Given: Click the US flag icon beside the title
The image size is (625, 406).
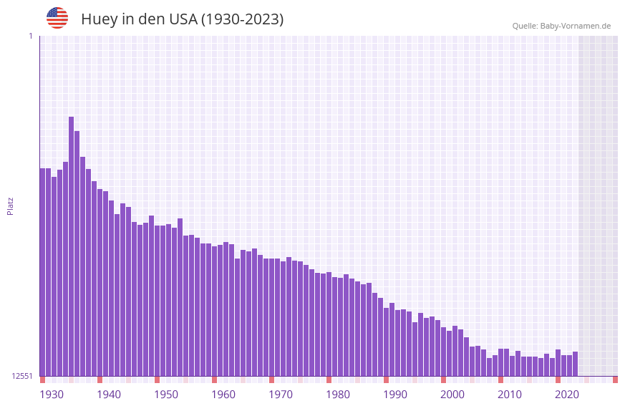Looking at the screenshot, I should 57,18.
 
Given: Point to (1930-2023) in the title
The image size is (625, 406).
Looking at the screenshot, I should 242,19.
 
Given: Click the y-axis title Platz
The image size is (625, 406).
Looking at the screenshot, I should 10,206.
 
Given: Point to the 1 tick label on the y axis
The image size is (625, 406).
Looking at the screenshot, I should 30,36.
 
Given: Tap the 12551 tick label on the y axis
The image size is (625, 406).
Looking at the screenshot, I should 22,376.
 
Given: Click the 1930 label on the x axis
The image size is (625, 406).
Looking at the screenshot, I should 52,395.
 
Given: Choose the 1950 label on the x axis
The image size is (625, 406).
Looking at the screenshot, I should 166,395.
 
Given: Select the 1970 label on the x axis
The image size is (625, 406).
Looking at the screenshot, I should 281,395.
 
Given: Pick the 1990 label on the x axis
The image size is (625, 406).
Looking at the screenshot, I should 395,395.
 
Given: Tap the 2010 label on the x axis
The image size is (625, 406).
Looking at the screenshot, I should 510,395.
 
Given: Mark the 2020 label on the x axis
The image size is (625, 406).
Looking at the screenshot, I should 567,395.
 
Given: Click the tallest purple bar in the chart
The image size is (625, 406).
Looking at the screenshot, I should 72,246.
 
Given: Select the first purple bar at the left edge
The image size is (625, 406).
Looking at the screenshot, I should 43,272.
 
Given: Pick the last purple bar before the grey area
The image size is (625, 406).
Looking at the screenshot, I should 575,364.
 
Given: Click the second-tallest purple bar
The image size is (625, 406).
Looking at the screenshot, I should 77,253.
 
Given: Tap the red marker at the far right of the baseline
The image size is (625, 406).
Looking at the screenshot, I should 615,380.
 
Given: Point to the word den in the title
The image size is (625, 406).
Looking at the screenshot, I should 152,19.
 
